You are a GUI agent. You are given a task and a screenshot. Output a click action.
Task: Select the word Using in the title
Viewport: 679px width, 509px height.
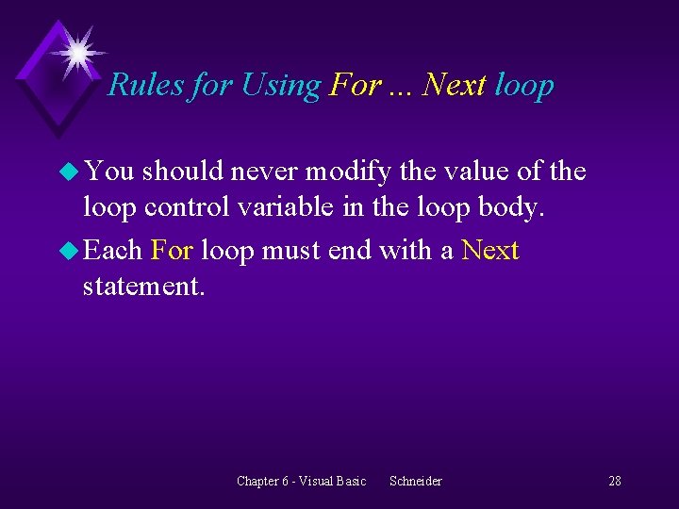pos(281,85)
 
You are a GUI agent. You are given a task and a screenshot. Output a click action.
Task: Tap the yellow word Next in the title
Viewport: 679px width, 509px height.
pos(455,85)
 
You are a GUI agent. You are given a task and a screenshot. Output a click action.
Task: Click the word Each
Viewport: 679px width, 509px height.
pos(112,251)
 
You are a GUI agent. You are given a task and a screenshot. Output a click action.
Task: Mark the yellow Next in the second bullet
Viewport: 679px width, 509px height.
pos(490,251)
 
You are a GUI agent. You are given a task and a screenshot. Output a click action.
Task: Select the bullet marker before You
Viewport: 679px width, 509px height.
pos(67,172)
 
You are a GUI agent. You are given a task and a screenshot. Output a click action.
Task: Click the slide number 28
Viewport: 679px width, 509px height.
pos(614,481)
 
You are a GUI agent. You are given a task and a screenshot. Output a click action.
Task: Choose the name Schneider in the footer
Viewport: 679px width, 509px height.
pos(415,481)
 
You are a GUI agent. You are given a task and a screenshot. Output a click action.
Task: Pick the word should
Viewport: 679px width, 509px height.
pos(181,172)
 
